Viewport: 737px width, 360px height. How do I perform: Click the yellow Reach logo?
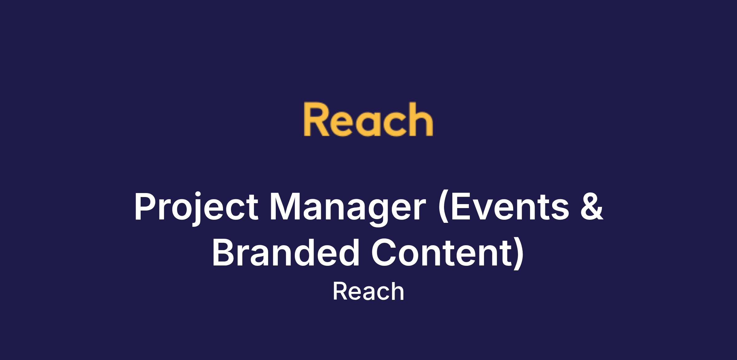coord(368,119)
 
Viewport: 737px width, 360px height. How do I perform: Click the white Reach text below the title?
coord(368,292)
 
